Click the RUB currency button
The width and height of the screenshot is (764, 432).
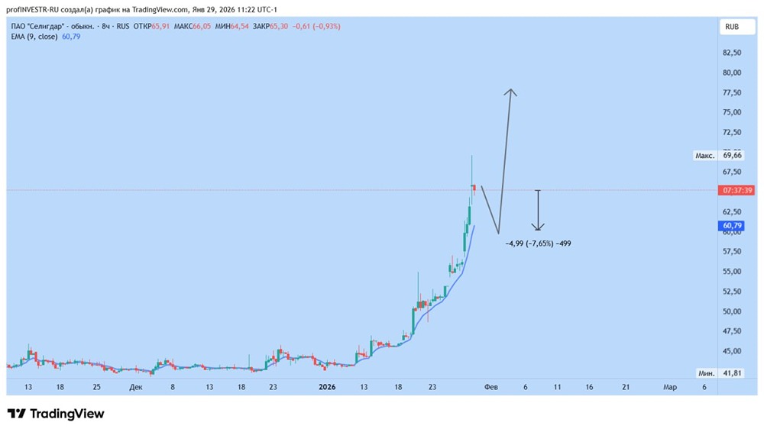pos(732,26)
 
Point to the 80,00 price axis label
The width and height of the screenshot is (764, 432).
pos(731,73)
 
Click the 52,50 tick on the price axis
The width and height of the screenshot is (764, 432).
pos(731,292)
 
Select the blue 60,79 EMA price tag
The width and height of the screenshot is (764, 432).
pos(732,226)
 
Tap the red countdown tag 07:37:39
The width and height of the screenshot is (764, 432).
pos(738,190)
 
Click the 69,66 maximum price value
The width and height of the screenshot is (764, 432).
pos(732,155)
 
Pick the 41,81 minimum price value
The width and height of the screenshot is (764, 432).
pos(732,373)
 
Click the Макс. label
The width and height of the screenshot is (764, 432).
pos(704,156)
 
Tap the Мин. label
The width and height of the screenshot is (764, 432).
pos(706,373)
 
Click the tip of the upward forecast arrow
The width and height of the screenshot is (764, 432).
pos(510,90)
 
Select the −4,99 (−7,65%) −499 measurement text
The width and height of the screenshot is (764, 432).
pos(538,244)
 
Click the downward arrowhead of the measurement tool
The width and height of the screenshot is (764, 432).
pos(538,228)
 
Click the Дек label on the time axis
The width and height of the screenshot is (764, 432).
pos(135,388)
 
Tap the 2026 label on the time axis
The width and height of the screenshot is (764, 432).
pos(327,388)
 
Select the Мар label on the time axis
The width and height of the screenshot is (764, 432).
pos(669,388)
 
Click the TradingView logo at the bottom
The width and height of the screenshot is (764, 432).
pos(56,414)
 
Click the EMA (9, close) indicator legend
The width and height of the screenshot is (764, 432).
pos(34,37)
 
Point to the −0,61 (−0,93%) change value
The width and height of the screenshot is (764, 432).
pos(316,26)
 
